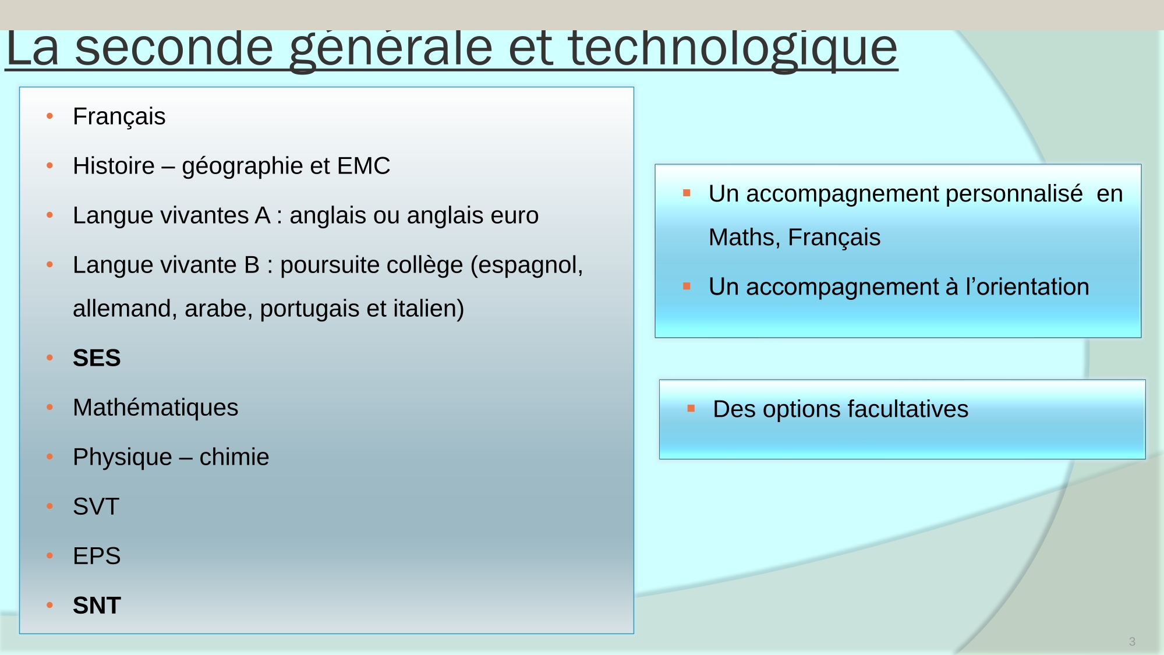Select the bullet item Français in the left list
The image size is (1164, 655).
click(x=119, y=117)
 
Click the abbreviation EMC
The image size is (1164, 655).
click(x=364, y=166)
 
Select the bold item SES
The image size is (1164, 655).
click(x=97, y=358)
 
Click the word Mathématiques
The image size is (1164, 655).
click(x=155, y=408)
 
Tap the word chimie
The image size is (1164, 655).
click(x=234, y=457)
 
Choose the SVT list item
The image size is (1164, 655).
click(x=96, y=507)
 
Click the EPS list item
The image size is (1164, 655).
click(x=97, y=556)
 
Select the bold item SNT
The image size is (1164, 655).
click(x=97, y=606)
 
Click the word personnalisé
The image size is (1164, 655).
click(x=1014, y=194)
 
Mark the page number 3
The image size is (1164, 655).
click(x=1132, y=642)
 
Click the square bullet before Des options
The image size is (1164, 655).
click(x=691, y=409)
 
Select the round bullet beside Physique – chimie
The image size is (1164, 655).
click(x=50, y=457)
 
